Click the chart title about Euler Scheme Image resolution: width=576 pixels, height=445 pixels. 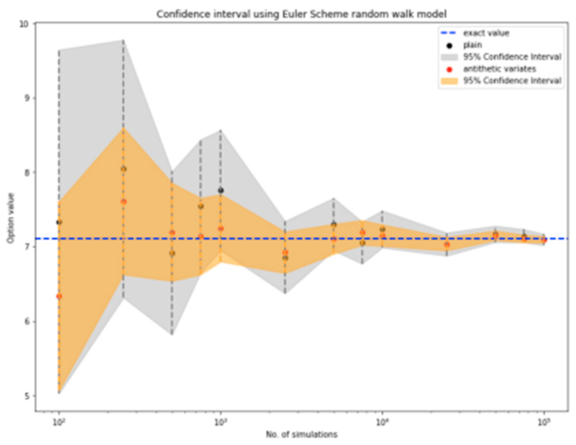(x=301, y=14)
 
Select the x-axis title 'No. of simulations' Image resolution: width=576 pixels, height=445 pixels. (x=302, y=434)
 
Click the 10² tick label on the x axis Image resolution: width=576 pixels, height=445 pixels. (x=59, y=422)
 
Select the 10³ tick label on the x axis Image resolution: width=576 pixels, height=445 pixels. (x=220, y=422)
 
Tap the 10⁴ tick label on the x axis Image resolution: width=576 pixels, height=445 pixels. (x=382, y=422)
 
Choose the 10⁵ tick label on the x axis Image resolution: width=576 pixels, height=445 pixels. (x=544, y=422)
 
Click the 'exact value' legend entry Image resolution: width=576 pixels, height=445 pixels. (x=486, y=33)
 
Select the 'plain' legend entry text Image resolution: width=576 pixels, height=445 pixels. (x=473, y=45)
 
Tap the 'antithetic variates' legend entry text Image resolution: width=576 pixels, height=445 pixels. (x=499, y=69)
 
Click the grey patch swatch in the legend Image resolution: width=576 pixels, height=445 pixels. (x=449, y=57)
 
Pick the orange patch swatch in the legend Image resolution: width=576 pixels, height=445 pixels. (x=449, y=81)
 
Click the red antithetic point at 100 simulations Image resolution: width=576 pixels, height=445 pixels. (x=59, y=296)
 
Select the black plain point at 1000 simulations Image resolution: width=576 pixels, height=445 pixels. (x=221, y=190)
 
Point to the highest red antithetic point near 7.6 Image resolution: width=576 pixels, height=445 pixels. (x=123, y=201)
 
